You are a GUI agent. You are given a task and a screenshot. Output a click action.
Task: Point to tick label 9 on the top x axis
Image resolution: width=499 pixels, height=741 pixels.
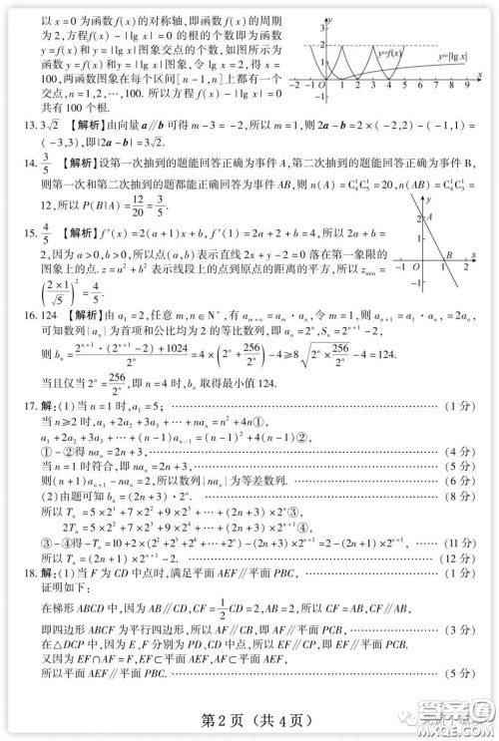pos(479,86)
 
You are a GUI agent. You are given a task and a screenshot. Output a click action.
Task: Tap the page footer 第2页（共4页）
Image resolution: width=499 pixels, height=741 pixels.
pos(248,720)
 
